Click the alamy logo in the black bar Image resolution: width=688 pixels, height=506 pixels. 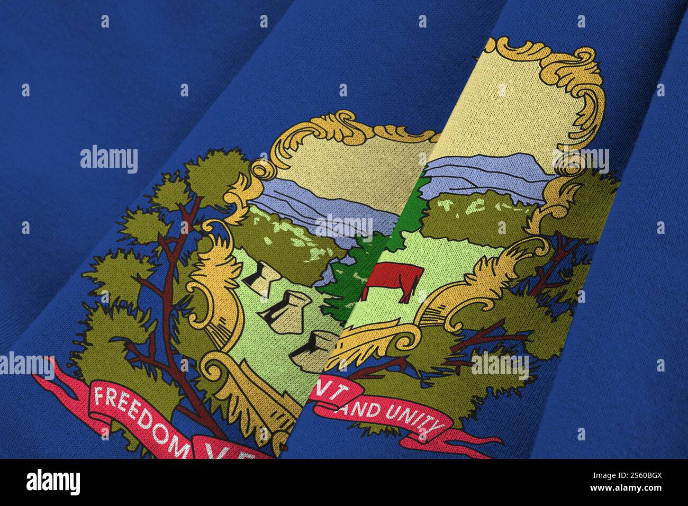[x=53, y=482]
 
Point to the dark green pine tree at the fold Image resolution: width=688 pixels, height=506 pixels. [x=344, y=275]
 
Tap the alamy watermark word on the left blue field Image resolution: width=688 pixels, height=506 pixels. [x=109, y=159]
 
